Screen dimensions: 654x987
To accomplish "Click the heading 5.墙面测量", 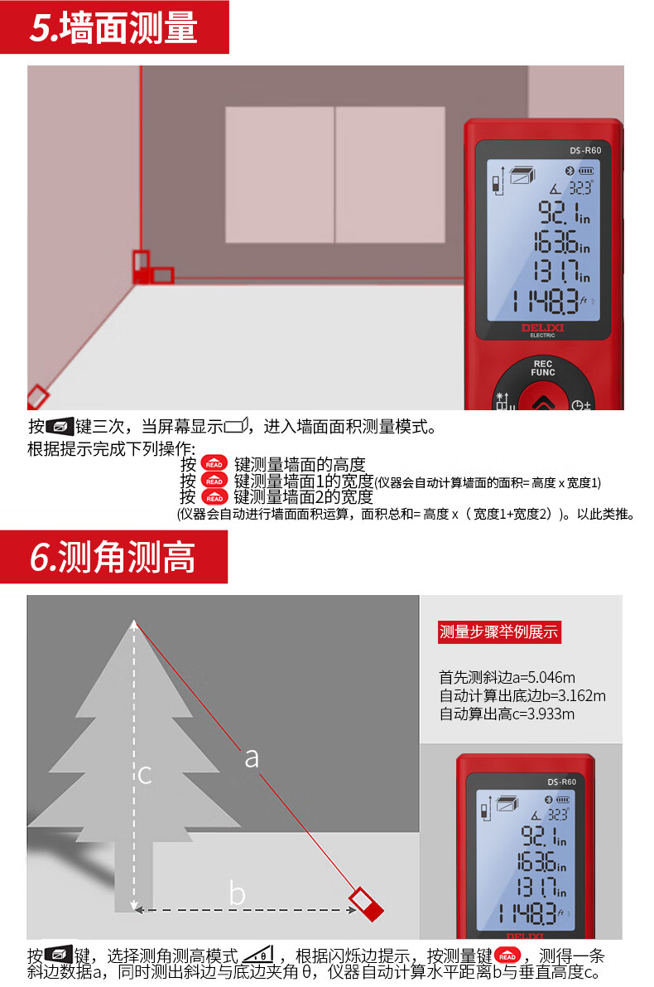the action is (x=113, y=27).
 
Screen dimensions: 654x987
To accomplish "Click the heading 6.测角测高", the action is (x=113, y=557).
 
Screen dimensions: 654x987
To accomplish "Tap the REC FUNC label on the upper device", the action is (x=543, y=368).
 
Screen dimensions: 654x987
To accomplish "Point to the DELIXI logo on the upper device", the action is (x=543, y=327).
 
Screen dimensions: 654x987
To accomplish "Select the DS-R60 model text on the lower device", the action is (x=561, y=781).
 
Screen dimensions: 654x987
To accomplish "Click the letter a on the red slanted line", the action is (x=252, y=758).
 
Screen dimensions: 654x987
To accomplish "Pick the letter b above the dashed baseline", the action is (x=237, y=893).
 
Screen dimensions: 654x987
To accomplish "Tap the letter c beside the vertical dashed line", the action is (x=145, y=774).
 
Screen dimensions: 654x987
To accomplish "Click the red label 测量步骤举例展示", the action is (x=499, y=632).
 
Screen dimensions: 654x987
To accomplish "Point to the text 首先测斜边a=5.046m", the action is (x=507, y=677).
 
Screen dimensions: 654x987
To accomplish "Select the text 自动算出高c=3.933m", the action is (x=507, y=714).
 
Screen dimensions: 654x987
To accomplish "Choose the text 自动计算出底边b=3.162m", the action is (x=522, y=695).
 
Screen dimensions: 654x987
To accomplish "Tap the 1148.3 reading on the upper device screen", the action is (x=545, y=302).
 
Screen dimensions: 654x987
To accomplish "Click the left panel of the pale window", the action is (x=280, y=174).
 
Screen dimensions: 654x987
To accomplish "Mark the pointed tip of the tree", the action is (x=134, y=622).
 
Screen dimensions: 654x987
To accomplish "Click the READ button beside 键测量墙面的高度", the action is (x=214, y=464).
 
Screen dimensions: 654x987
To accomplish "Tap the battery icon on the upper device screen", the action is (x=586, y=171).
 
